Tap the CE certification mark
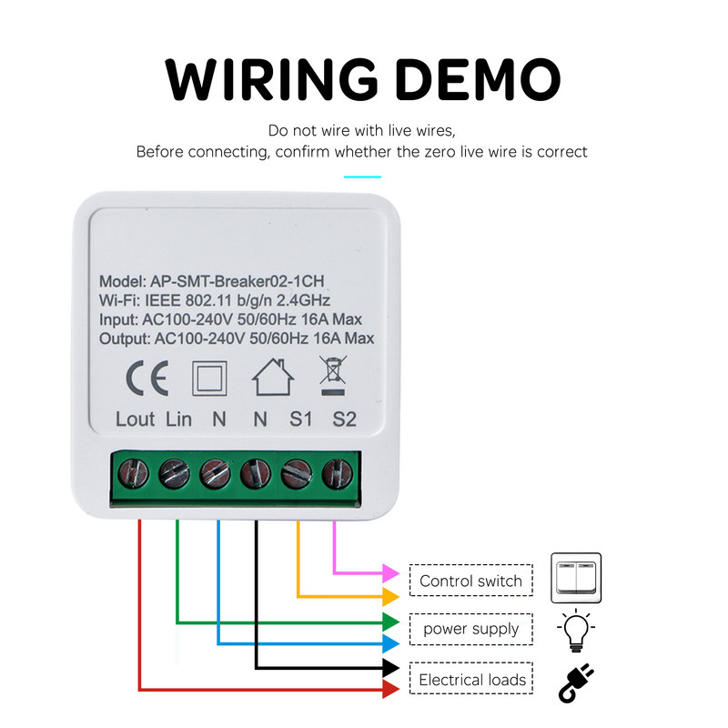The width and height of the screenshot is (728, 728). pyautogui.click(x=146, y=380)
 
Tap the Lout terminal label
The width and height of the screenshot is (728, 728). pyautogui.click(x=136, y=420)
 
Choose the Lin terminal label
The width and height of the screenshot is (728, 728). pyautogui.click(x=179, y=420)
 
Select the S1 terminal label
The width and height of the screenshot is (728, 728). pyautogui.click(x=300, y=420)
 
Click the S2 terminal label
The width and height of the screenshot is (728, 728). pyautogui.click(x=344, y=420)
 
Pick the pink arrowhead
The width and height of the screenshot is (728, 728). pyautogui.click(x=390, y=573)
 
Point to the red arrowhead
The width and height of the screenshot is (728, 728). pyautogui.click(x=390, y=690)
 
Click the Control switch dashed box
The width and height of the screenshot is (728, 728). pyautogui.click(x=470, y=581)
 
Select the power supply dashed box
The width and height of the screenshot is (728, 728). pyautogui.click(x=470, y=629)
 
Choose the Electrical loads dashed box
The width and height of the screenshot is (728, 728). pyautogui.click(x=471, y=680)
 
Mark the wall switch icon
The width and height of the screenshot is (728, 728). pyautogui.click(x=577, y=578)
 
